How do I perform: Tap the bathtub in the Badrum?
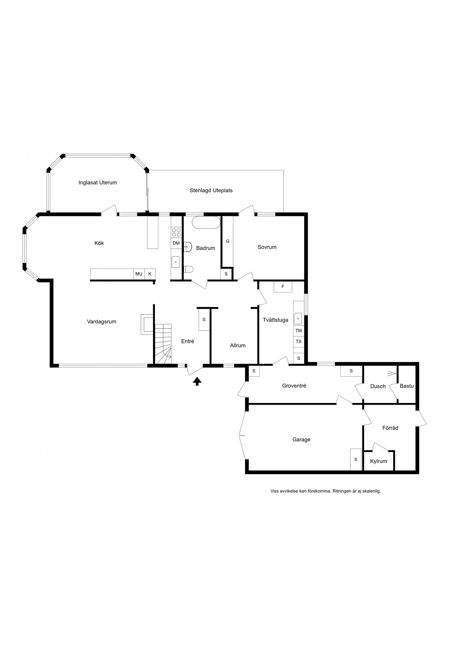tap(206, 223)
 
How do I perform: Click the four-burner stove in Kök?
tap(176, 233)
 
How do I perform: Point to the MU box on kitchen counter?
tap(139, 274)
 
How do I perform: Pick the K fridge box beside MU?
tap(150, 274)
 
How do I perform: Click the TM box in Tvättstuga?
tap(298, 331)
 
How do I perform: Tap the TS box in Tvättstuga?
tap(298, 342)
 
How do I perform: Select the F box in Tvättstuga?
tap(283, 287)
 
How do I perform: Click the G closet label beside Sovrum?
tap(228, 241)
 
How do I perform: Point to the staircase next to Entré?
tap(163, 344)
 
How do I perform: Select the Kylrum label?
tap(378, 461)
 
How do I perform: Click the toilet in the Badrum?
tap(188, 269)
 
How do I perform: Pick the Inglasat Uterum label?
tap(98, 183)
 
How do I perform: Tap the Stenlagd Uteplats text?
tap(211, 191)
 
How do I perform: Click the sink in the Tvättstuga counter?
tap(298, 319)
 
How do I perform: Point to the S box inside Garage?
tap(356, 460)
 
